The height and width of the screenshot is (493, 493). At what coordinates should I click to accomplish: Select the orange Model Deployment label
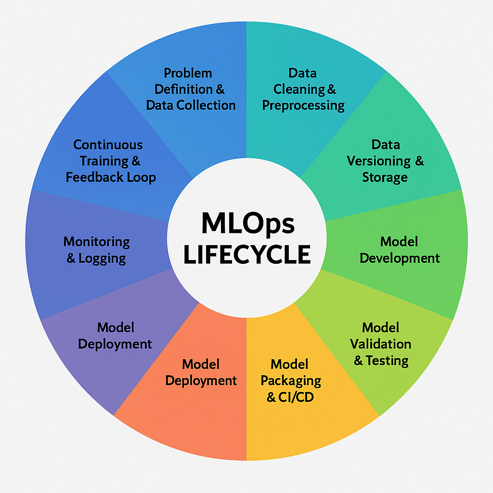[201, 372]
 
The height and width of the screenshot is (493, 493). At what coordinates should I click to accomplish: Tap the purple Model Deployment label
[115, 336]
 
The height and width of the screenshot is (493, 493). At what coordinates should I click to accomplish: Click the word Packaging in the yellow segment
[290, 380]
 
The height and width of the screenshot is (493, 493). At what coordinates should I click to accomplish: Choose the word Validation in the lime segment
[380, 344]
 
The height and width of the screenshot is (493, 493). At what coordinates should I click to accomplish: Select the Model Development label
[399, 249]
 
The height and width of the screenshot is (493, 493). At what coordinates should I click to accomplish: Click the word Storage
[385, 177]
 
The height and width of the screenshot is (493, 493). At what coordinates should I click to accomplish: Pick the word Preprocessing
[303, 105]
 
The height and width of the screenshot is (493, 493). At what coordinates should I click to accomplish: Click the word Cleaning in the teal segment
[299, 89]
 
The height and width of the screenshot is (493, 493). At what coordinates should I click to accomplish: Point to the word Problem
[188, 73]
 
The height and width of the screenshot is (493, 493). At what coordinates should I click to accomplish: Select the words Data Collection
[191, 105]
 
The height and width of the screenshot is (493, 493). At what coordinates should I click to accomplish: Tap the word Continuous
[108, 144]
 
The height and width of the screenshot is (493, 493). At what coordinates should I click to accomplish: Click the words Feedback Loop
[111, 177]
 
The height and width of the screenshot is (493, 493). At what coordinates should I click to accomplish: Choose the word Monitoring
[97, 241]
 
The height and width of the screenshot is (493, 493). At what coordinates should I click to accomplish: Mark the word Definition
[183, 89]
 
